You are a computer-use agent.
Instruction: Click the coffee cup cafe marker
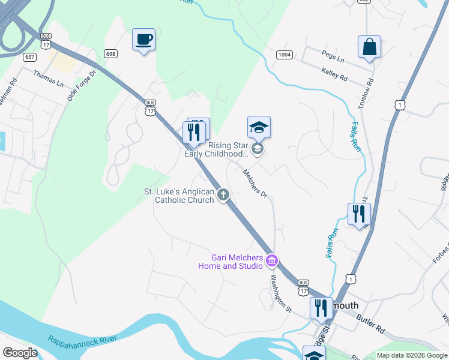pyautogui.click(x=143, y=40)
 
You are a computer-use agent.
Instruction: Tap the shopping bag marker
pyautogui.click(x=369, y=47)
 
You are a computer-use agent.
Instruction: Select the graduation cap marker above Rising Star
pyautogui.click(x=259, y=128)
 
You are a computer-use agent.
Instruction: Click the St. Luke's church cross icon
pyautogui.click(x=223, y=194)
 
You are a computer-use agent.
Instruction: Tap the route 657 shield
pyautogui.click(x=29, y=57)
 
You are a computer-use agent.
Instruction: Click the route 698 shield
pyautogui.click(x=110, y=53)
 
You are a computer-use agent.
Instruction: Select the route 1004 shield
pyautogui.click(x=285, y=55)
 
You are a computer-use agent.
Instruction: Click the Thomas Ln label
pyautogui.click(x=48, y=77)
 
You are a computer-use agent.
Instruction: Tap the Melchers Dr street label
pyautogui.click(x=255, y=184)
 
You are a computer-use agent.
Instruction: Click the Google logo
pyautogui.click(x=20, y=353)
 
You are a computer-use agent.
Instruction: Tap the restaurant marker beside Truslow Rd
pyautogui.click(x=359, y=214)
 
